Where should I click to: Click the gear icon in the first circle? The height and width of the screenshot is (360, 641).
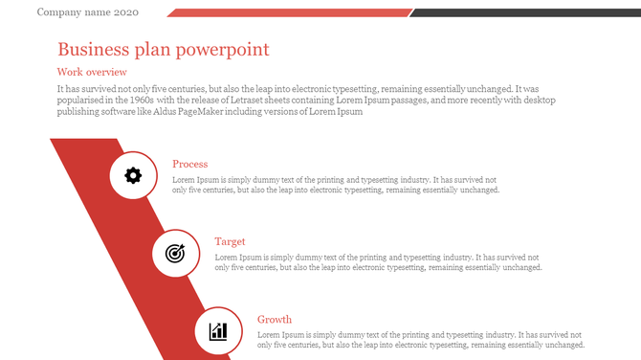pyautogui.click(x=133, y=175)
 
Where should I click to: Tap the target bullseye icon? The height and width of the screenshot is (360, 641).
pyautogui.click(x=175, y=253)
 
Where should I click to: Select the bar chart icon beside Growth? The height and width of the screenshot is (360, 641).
pyautogui.click(x=218, y=331)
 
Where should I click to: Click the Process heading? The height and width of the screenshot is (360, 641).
pyautogui.click(x=189, y=164)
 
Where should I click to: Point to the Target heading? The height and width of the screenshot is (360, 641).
pyautogui.click(x=230, y=241)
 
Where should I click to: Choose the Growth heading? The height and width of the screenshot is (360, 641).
pyautogui.click(x=275, y=319)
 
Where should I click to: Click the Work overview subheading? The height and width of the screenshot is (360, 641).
pyautogui.click(x=92, y=72)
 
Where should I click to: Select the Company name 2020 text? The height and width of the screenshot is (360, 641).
pyautogui.click(x=87, y=12)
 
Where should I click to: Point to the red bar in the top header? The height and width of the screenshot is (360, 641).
pyautogui.click(x=288, y=12)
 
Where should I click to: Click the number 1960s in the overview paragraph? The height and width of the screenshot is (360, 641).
pyautogui.click(x=140, y=101)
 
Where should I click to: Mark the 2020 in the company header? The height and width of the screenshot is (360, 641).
pyautogui.click(x=125, y=12)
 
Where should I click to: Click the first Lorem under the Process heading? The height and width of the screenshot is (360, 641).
pyautogui.click(x=185, y=179)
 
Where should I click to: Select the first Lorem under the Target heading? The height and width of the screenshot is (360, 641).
pyautogui.click(x=228, y=257)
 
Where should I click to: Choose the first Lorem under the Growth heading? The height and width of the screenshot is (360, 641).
pyautogui.click(x=270, y=334)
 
